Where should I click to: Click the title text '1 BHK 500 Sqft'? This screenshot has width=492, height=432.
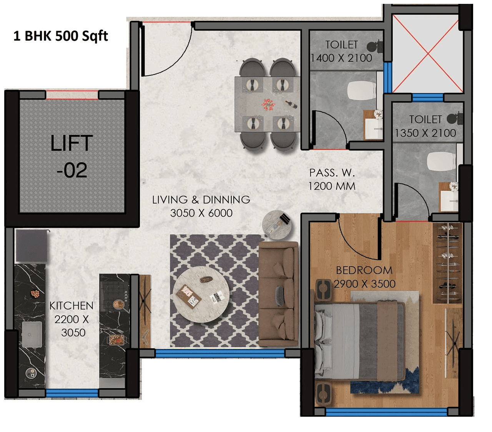[x=61, y=36]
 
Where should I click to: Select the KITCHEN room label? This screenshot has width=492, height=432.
[x=71, y=306]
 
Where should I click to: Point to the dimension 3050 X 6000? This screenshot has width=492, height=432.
[x=201, y=213]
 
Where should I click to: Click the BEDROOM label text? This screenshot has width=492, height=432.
[x=364, y=270]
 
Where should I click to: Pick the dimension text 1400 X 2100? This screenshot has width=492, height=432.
[x=341, y=58]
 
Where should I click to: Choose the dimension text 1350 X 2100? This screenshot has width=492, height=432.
[x=425, y=133]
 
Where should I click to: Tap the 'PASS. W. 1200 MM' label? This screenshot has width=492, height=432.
[x=332, y=179]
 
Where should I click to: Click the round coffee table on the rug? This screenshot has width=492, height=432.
[x=201, y=294]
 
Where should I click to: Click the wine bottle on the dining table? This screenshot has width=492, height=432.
[x=291, y=104]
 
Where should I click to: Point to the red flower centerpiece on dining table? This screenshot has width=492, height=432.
[x=268, y=104]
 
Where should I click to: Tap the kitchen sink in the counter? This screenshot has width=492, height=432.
[x=32, y=334]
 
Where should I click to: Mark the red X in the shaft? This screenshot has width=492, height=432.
[x=427, y=54]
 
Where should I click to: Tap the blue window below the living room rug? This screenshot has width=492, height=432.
[x=220, y=353]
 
